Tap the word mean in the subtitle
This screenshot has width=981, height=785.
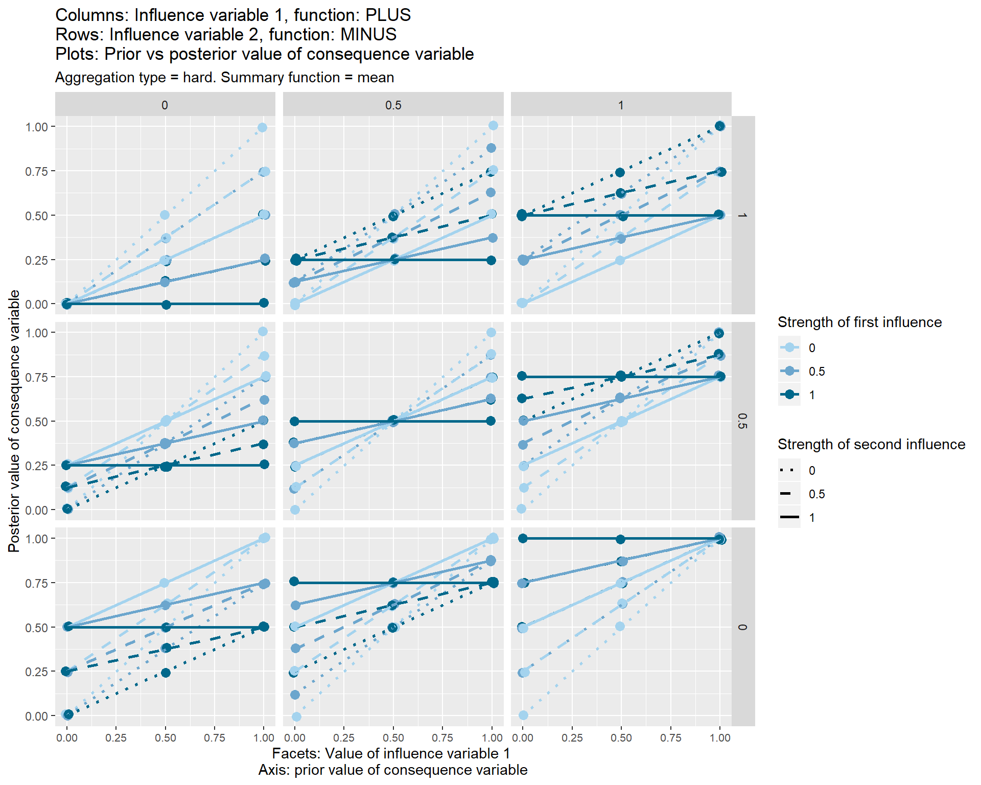(376, 78)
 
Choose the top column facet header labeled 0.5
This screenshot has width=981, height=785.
(393, 105)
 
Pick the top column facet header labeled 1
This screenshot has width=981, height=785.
(621, 105)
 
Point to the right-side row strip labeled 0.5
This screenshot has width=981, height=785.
(743, 421)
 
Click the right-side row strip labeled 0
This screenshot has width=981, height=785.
(743, 627)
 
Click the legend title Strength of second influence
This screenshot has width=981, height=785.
(871, 445)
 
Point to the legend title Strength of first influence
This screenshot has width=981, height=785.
(859, 322)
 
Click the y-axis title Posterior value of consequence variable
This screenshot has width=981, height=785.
(14, 421)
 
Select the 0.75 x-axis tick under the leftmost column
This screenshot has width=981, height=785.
(215, 738)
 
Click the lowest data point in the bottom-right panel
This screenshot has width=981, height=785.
(523, 715)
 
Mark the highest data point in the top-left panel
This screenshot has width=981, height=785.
(262, 127)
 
